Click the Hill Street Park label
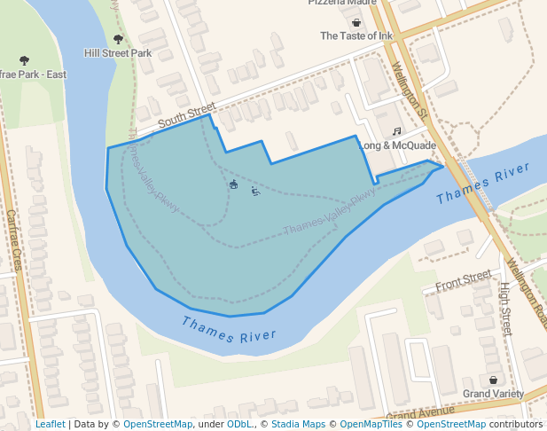[x=118, y=53]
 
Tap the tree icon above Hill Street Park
[x=118, y=39]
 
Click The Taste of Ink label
[x=355, y=36]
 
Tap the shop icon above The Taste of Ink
[x=356, y=22]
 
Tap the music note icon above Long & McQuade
[x=396, y=131]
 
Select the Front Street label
[x=462, y=281]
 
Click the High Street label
[x=504, y=309]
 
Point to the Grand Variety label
[x=493, y=394]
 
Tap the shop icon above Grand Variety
[x=493, y=380]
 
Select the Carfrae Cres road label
[x=13, y=239]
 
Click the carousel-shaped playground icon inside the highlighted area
[x=233, y=184]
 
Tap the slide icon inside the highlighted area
[x=254, y=191]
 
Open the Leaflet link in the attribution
[x=50, y=424]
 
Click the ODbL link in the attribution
[x=238, y=424]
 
